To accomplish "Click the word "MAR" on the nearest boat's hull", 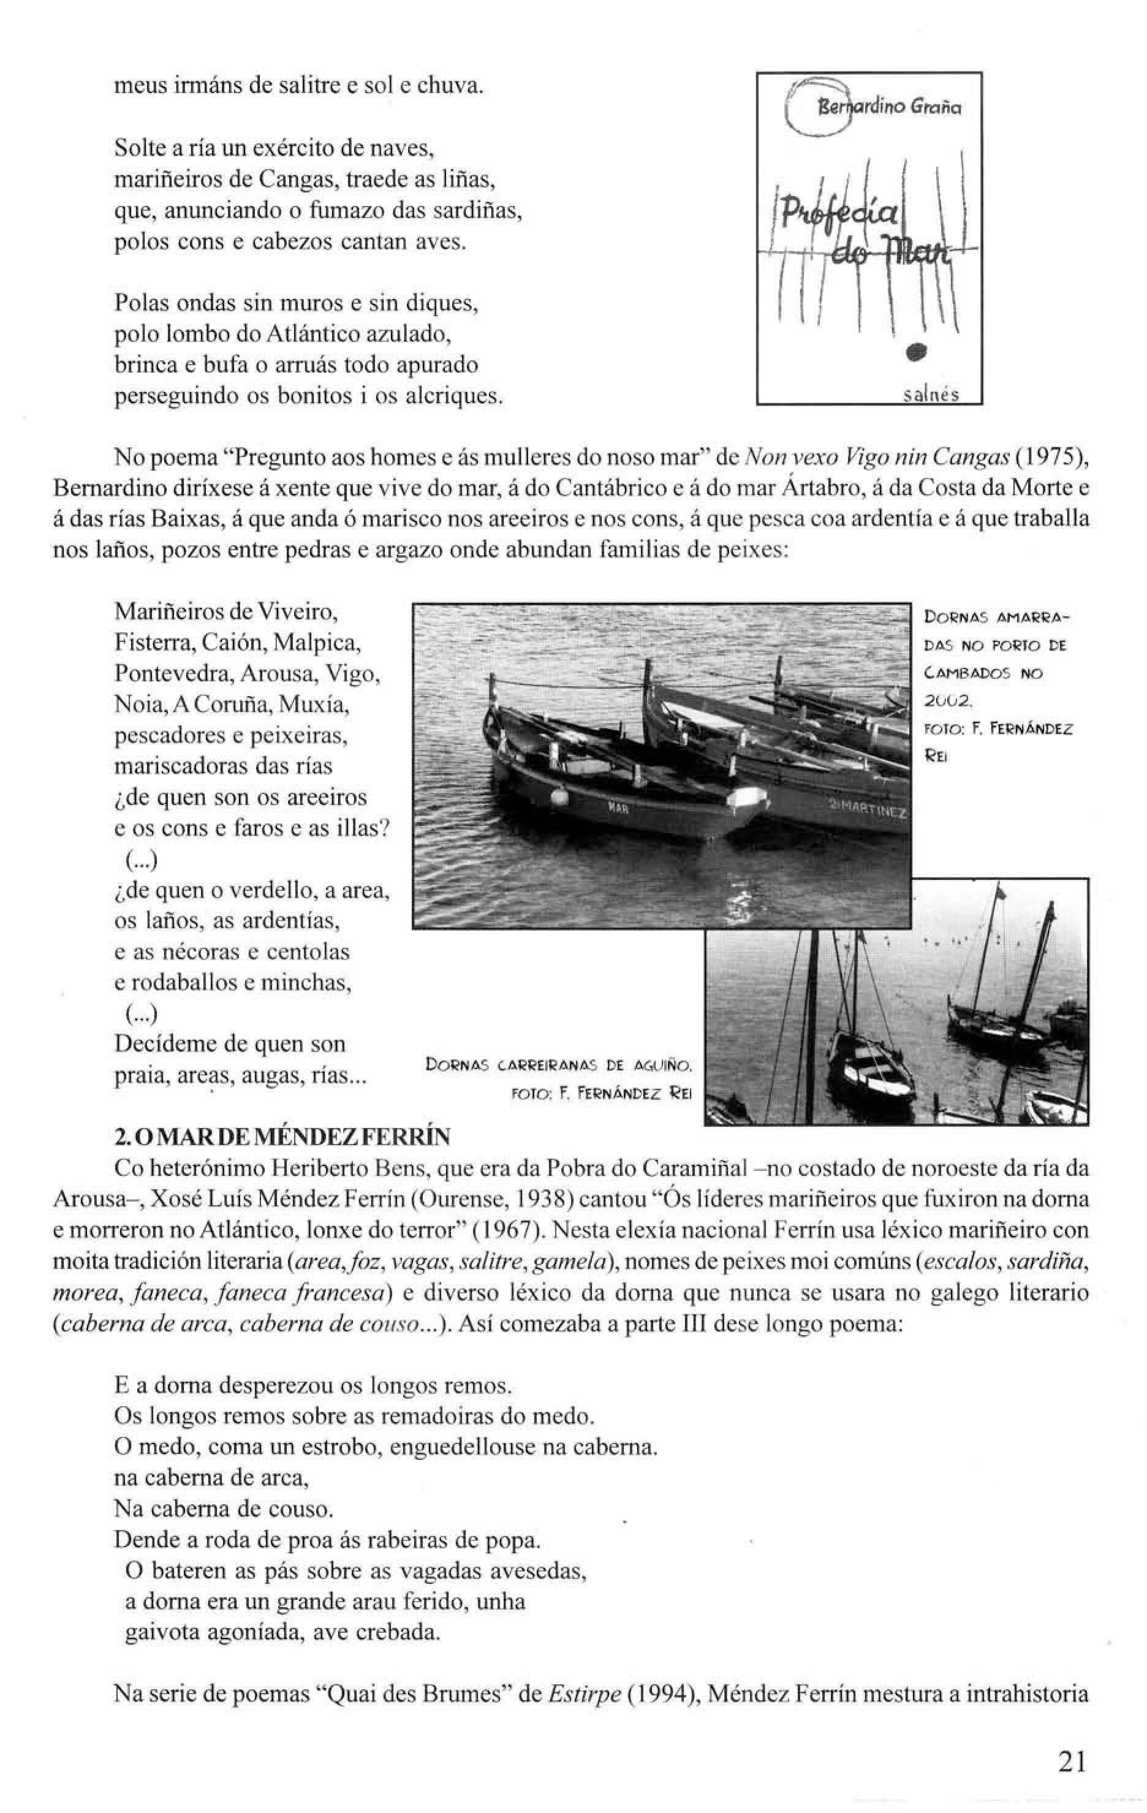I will (x=618, y=809).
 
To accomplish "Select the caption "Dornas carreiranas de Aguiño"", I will (x=558, y=1065).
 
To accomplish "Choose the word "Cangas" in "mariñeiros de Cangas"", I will (x=289, y=180).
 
